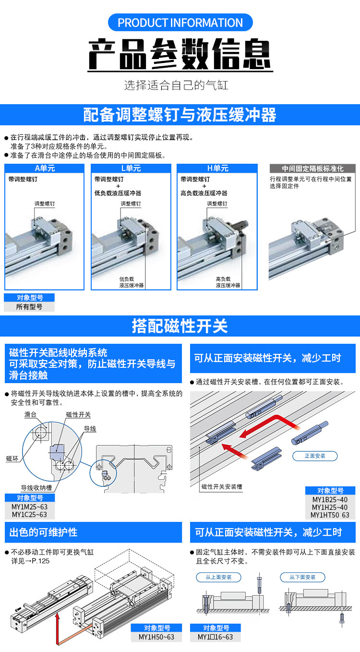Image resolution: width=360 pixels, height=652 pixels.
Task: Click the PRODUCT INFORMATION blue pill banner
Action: tap(180, 23)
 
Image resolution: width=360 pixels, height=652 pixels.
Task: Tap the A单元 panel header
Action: tap(45, 168)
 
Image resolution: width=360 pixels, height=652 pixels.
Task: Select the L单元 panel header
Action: tap(131, 168)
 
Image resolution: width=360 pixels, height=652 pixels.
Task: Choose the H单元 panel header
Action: tap(217, 168)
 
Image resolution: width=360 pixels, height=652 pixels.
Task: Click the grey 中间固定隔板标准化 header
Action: tap(312, 169)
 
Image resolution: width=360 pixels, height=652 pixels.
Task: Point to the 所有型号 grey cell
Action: tap(29, 307)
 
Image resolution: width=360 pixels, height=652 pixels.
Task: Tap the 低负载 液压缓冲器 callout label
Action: tap(131, 282)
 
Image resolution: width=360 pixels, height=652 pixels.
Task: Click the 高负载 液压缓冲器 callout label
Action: tap(228, 282)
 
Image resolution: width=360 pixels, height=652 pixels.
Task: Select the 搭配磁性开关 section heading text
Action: tap(180, 326)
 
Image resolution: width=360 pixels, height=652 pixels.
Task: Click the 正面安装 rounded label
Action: tap(315, 456)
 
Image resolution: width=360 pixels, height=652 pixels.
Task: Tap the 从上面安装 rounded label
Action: tap(218, 577)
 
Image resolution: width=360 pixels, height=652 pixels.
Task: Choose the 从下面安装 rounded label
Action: tap(302, 577)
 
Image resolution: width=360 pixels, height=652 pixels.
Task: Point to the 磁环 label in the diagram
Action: tap(12, 459)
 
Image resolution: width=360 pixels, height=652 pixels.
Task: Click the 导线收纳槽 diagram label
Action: tap(36, 488)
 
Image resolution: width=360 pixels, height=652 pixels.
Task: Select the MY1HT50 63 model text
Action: tap(330, 515)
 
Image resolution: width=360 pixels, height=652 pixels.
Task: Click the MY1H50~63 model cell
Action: tap(156, 637)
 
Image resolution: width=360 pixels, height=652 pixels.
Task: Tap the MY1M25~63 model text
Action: tap(29, 507)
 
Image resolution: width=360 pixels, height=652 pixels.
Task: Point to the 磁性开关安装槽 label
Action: tap(222, 486)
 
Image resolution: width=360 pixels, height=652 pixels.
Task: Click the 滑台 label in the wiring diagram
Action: tap(30, 414)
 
